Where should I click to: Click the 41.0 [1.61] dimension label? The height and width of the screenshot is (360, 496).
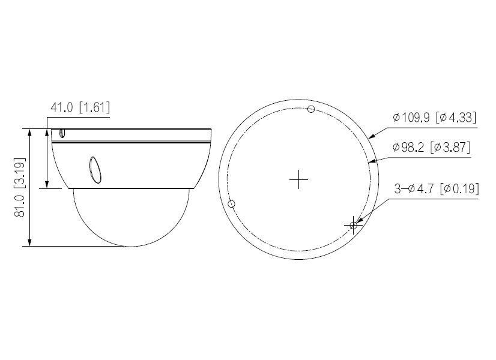tap(80, 107)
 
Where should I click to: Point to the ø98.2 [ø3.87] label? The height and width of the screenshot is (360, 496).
tap(431, 147)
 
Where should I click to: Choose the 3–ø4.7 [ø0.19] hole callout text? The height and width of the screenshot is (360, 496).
tap(436, 189)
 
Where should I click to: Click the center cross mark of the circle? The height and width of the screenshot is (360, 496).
tap(298, 179)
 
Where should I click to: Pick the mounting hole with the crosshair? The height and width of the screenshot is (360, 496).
tap(354, 225)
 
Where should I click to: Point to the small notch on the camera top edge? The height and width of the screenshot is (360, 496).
tap(62, 133)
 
